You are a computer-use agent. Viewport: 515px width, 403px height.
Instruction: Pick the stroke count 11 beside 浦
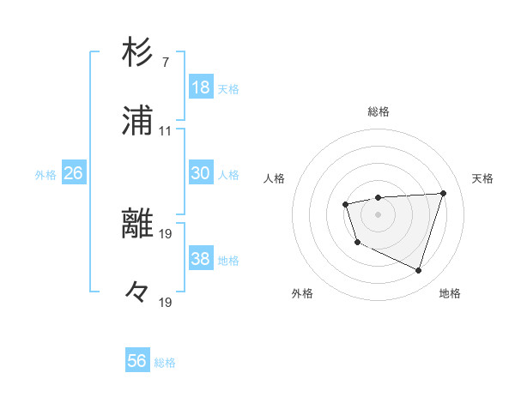165,131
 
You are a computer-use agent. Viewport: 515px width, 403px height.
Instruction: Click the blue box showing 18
201,87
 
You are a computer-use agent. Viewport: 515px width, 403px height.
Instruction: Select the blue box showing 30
201,173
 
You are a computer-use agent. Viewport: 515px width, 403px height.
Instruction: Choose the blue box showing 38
201,259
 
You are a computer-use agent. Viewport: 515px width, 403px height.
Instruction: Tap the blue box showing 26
73,173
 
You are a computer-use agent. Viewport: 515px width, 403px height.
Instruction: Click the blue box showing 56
137,361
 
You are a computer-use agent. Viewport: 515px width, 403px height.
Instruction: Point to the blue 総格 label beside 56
165,363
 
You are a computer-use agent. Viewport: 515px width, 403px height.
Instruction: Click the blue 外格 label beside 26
45,175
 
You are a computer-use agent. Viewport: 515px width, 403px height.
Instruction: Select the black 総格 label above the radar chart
379,111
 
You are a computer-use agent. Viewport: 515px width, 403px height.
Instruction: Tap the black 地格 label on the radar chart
450,293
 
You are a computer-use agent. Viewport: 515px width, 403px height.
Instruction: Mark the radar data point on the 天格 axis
443,193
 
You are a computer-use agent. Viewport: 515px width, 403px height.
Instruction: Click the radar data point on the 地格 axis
418,271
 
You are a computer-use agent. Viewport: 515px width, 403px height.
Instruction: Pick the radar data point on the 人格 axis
345,204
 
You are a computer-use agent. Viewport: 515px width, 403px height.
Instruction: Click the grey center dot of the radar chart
378,214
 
